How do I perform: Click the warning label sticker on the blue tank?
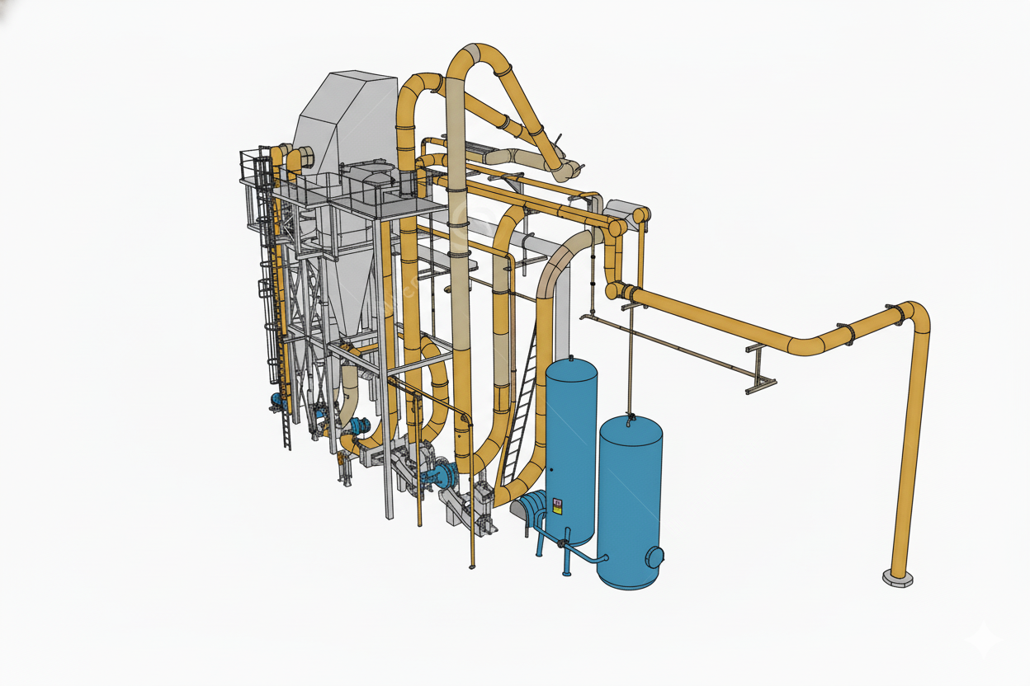[558, 505]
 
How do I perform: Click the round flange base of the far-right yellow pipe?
[897, 577]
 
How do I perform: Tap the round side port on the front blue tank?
[654, 557]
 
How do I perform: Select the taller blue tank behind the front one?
[570, 445]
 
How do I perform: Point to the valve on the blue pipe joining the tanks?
[564, 543]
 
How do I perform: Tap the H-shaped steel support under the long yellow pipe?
[758, 368]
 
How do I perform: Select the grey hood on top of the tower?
[347, 115]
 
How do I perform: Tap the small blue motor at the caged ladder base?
[276, 401]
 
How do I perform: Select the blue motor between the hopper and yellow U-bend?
[358, 426]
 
